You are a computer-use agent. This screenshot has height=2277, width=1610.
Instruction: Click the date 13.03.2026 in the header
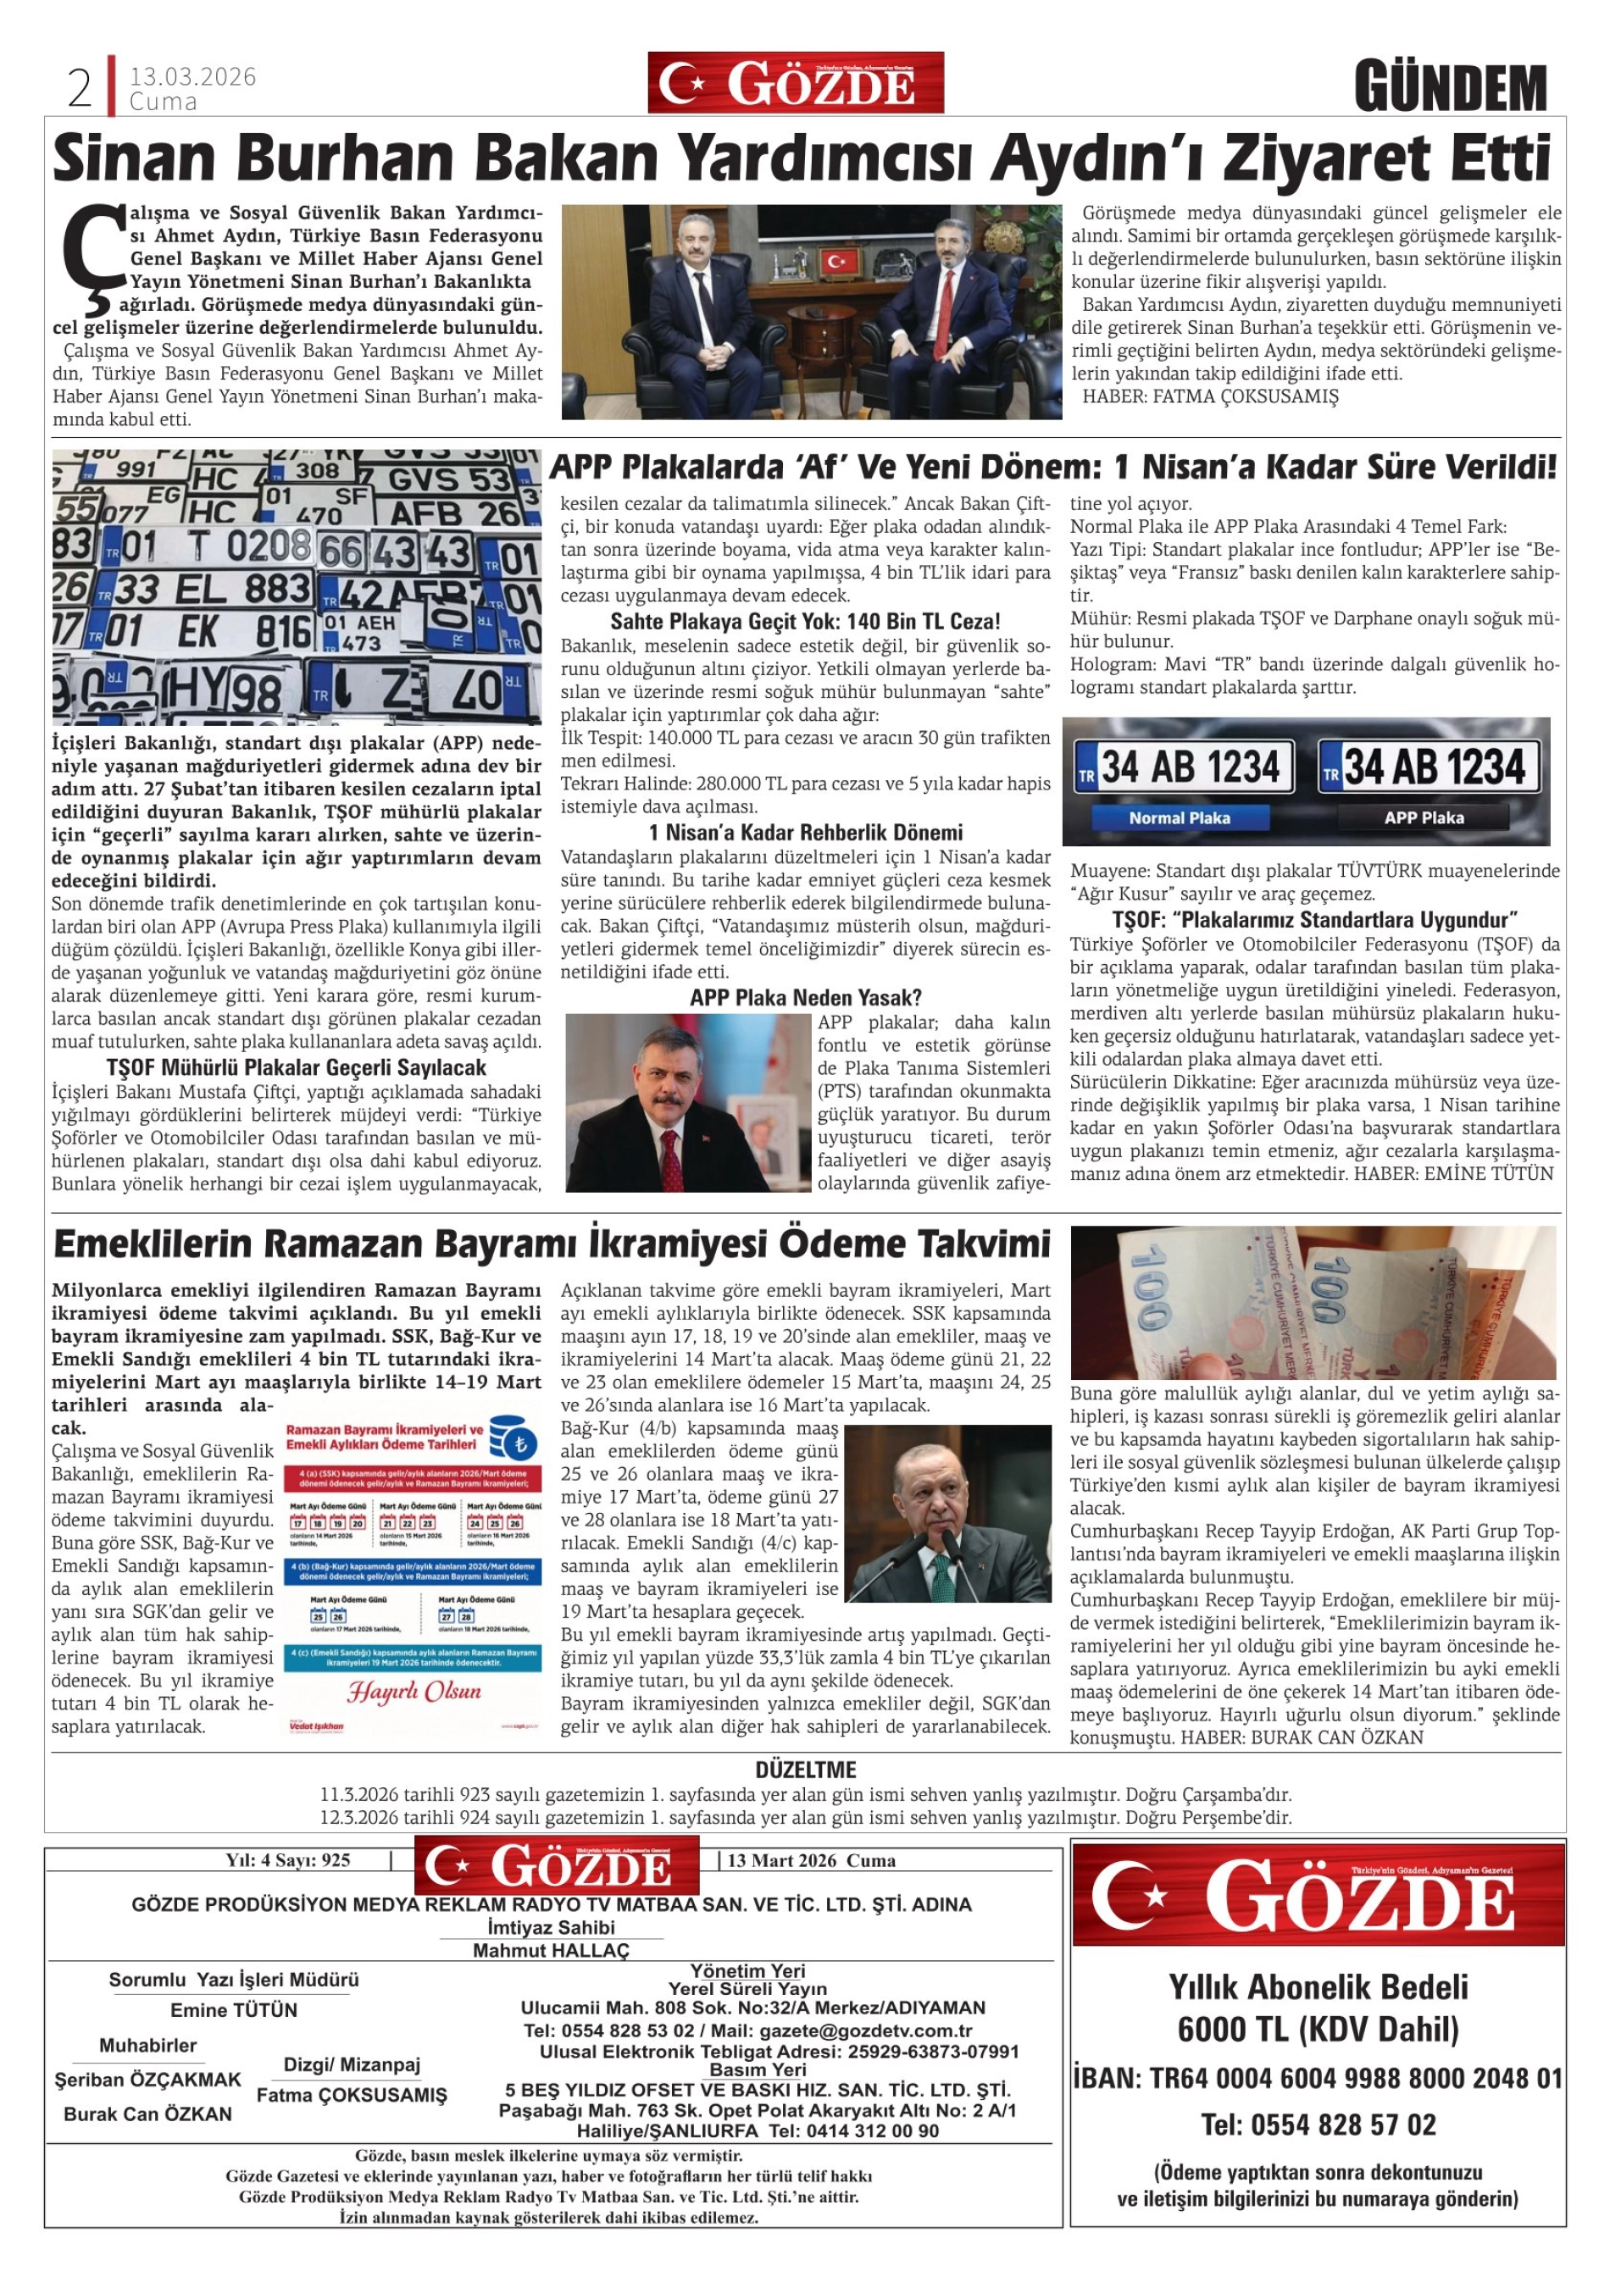tap(192, 76)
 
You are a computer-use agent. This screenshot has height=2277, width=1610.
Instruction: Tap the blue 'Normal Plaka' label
tap(1180, 818)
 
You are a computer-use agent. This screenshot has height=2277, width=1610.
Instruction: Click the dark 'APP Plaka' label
tap(1424, 818)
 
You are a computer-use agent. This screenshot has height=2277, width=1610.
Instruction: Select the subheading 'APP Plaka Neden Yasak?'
tap(806, 998)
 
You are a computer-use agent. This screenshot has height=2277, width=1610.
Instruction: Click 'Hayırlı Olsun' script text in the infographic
tap(414, 1692)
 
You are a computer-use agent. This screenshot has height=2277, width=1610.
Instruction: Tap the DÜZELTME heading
tap(806, 1770)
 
